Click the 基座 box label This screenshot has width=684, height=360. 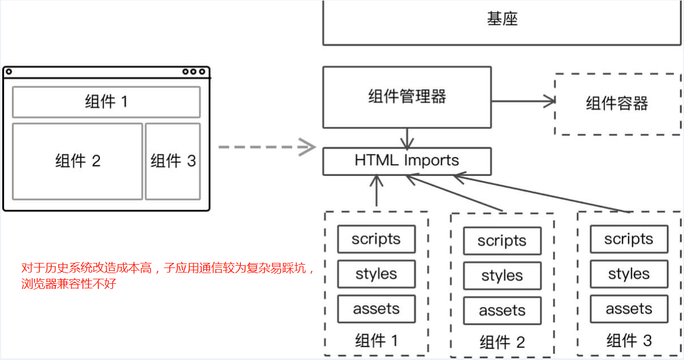[502, 20]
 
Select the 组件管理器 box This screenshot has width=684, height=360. [406, 97]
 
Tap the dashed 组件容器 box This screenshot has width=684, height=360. [617, 104]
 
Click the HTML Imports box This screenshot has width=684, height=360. [406, 161]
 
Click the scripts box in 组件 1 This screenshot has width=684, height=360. [376, 239]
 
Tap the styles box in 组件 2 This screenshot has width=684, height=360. [502, 276]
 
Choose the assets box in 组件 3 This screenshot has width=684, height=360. [629, 309]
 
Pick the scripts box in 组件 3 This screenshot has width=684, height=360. [629, 239]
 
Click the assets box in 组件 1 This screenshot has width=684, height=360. [376, 309]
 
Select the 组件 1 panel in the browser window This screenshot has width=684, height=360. [106, 102]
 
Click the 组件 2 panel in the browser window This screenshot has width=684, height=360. [77, 161]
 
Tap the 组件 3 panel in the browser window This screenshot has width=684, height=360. [173, 161]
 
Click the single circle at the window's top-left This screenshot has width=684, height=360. [8, 72]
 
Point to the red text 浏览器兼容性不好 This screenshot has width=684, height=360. [68, 283]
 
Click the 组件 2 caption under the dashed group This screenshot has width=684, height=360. [502, 342]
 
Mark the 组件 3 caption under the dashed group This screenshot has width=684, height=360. [629, 341]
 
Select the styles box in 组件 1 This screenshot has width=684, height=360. [376, 274]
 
